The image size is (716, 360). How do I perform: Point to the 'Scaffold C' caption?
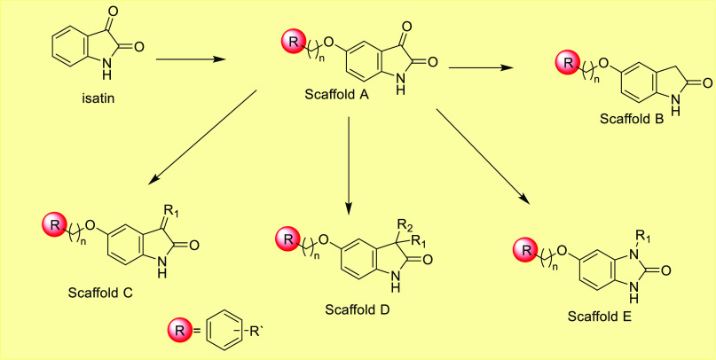point(99,293)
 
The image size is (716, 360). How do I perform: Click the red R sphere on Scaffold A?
point(293,41)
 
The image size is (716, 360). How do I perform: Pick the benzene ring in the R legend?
point(230,333)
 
